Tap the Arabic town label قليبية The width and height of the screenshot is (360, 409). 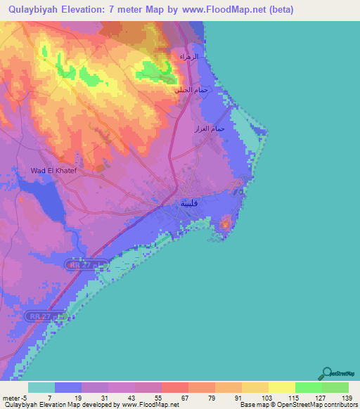pyautogui.click(x=189, y=203)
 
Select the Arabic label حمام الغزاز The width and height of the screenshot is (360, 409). pyautogui.click(x=209, y=129)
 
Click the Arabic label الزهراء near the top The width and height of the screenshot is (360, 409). pyautogui.click(x=189, y=56)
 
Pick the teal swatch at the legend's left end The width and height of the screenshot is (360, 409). pyautogui.click(x=41, y=387)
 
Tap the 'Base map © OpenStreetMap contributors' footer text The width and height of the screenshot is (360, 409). pyautogui.click(x=298, y=405)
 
